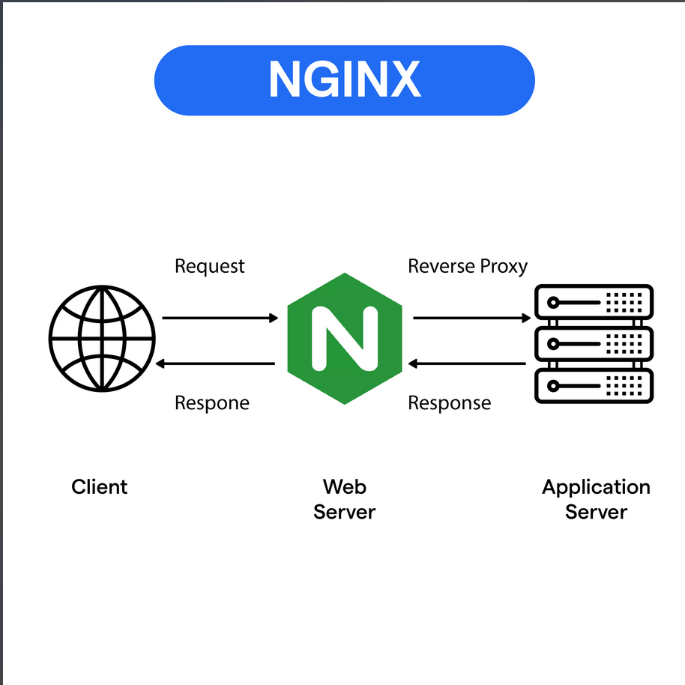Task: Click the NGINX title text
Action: pyautogui.click(x=344, y=79)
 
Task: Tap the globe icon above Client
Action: pyautogui.click(x=102, y=337)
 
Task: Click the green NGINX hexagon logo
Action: pyautogui.click(x=344, y=339)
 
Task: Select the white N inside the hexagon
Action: pyautogui.click(x=344, y=339)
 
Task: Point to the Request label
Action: pyautogui.click(x=209, y=266)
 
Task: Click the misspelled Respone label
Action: pyautogui.click(x=211, y=403)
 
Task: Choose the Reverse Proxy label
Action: pyautogui.click(x=467, y=266)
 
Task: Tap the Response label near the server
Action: pyautogui.click(x=449, y=403)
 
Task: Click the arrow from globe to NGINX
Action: pyautogui.click(x=220, y=319)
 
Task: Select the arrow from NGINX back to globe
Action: pyautogui.click(x=216, y=364)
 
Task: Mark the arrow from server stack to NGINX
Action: pyautogui.click(x=467, y=364)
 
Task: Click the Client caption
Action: pyautogui.click(x=100, y=487)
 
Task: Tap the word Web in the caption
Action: pyautogui.click(x=344, y=486)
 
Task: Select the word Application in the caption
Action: pyautogui.click(x=596, y=488)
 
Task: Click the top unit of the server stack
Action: pyautogui.click(x=594, y=302)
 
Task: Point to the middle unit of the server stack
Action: pyautogui.click(x=594, y=343)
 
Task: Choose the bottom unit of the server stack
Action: pyautogui.click(x=594, y=385)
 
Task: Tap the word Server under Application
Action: pyautogui.click(x=596, y=512)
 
